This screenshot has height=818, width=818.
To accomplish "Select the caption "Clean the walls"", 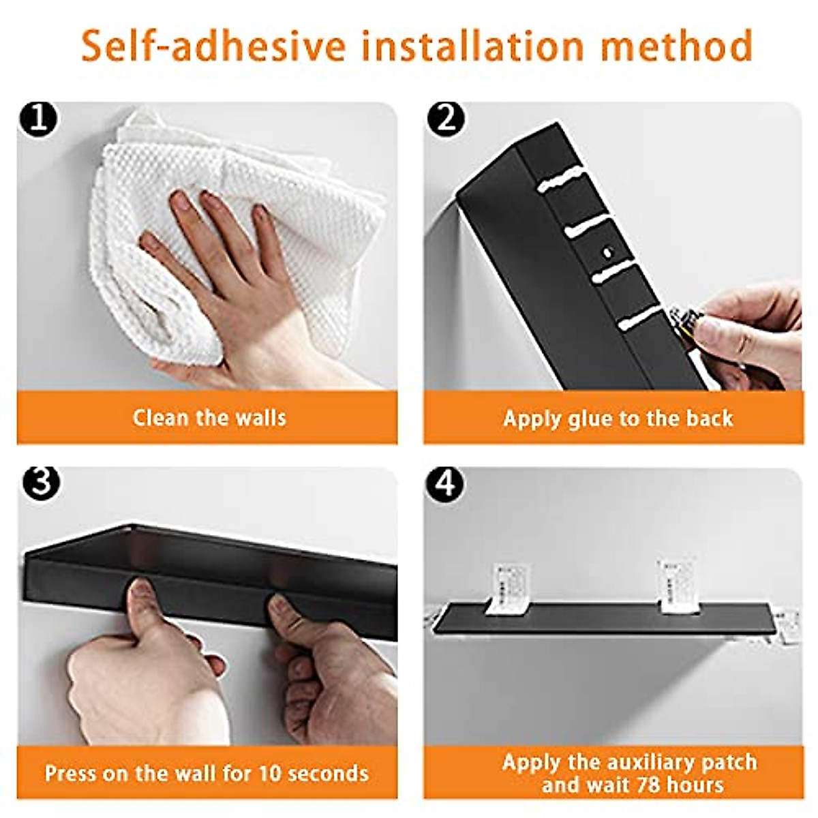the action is [209, 417].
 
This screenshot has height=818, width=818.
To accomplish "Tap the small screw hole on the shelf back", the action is [607, 252].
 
